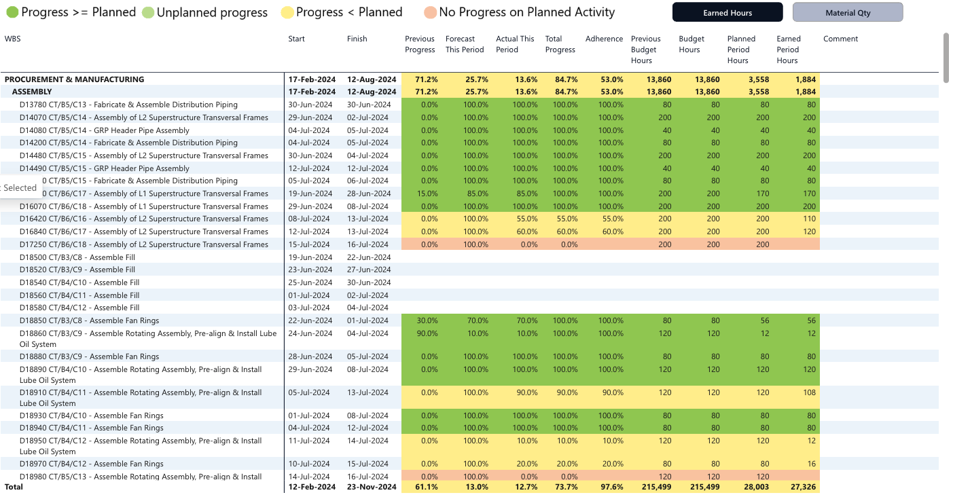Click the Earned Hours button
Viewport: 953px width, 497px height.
(727, 13)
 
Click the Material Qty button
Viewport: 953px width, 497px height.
(848, 13)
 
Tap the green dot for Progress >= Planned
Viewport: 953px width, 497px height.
(12, 12)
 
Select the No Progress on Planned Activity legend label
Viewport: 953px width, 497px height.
(526, 12)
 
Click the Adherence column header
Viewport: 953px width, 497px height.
(604, 39)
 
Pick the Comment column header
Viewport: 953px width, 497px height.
(840, 39)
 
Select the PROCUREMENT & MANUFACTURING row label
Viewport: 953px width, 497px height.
(74, 79)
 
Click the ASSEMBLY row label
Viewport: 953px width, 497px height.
(32, 92)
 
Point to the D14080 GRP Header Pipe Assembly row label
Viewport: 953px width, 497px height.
(104, 130)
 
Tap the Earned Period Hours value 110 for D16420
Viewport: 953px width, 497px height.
(808, 219)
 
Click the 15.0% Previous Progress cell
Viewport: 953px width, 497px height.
(429, 194)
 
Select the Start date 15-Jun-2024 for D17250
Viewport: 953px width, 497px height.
(309, 244)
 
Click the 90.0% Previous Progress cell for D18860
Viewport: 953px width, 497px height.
(429, 333)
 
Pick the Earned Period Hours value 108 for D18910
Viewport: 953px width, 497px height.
(808, 392)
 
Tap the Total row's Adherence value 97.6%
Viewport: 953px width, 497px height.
(611, 487)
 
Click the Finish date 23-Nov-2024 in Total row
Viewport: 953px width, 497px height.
(372, 487)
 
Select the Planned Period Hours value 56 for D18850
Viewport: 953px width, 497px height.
(764, 320)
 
